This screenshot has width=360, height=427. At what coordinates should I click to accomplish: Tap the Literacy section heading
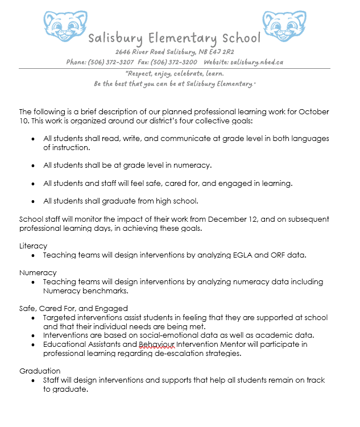point(33,246)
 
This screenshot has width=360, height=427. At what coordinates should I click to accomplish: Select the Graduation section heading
point(40,371)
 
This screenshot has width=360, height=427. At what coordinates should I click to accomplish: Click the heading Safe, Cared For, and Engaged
point(73,308)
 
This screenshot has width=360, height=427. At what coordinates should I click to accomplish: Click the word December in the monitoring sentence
point(213,219)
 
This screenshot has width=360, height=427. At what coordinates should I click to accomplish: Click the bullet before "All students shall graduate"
point(33,201)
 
